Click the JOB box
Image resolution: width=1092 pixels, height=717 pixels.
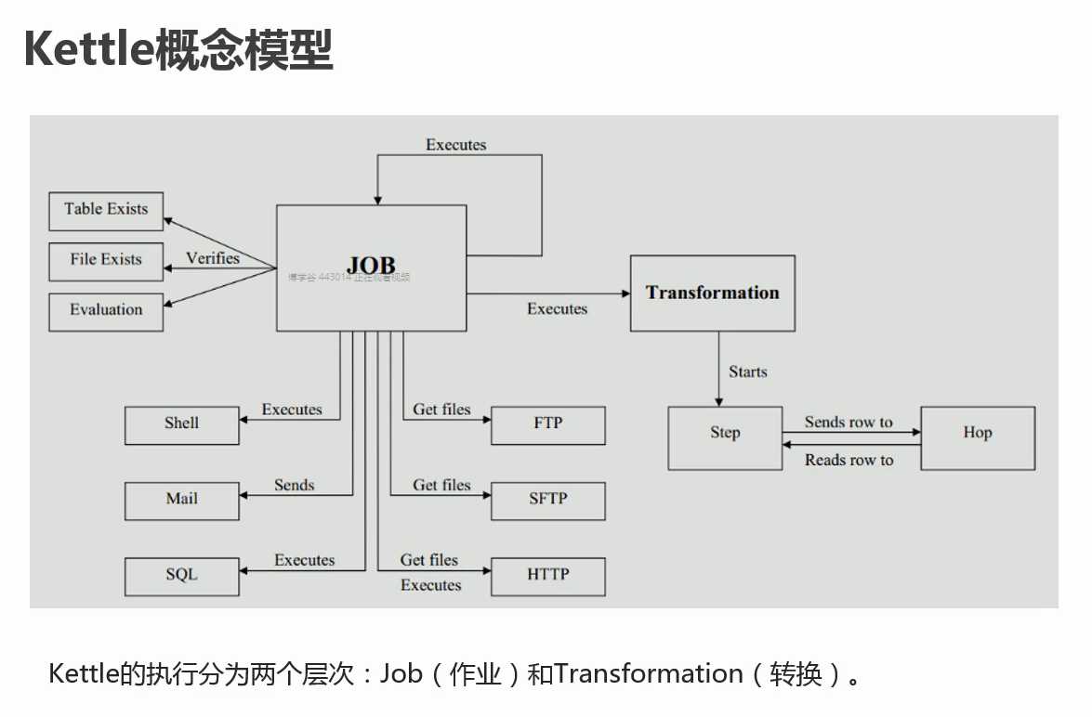click(371, 267)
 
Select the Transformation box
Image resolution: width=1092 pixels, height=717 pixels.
click(713, 293)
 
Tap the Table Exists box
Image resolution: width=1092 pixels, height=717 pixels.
click(106, 210)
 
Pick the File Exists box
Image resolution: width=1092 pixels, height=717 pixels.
click(106, 260)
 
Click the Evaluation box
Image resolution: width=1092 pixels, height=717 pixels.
click(106, 310)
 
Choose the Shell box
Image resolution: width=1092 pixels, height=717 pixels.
click(182, 424)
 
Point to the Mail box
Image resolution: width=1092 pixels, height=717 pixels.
click(182, 500)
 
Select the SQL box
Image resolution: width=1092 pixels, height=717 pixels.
click(182, 575)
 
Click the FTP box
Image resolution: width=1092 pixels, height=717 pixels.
click(548, 424)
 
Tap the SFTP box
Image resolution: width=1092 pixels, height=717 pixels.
click(548, 500)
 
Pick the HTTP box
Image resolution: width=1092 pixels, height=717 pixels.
click(548, 575)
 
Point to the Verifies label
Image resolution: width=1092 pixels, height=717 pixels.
click(213, 258)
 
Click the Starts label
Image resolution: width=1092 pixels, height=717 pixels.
click(748, 372)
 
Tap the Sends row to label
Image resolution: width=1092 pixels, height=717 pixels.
click(849, 423)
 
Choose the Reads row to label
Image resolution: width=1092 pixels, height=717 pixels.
click(849, 460)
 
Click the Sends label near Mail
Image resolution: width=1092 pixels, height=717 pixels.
click(295, 485)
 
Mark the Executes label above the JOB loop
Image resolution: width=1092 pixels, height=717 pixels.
click(456, 145)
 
